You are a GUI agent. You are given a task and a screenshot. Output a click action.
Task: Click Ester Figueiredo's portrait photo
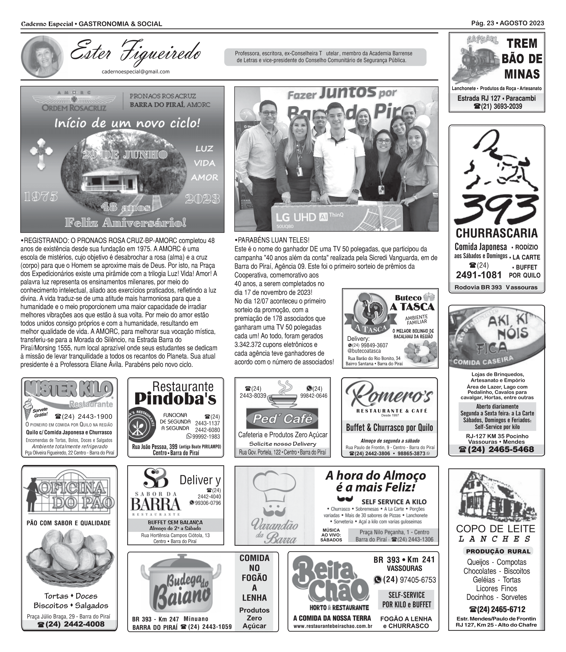point(42,57)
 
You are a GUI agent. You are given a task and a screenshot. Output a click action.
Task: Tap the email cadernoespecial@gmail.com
point(136,72)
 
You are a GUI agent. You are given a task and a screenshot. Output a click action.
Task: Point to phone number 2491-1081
point(478,275)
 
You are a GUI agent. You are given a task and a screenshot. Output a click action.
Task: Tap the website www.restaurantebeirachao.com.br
point(333,626)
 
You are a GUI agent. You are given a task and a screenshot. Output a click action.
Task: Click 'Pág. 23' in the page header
point(482,23)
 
